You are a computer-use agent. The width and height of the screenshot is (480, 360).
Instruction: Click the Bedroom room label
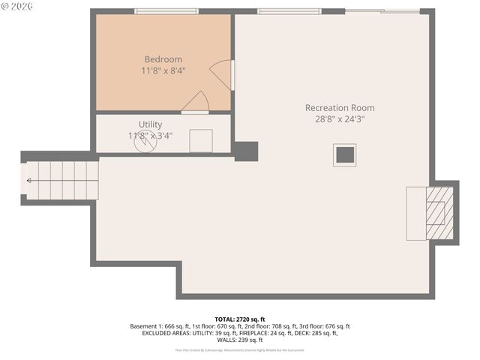point(163,59)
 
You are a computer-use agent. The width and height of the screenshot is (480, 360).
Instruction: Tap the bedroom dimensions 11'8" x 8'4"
point(163,70)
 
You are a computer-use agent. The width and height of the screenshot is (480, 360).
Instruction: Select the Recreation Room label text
point(339,108)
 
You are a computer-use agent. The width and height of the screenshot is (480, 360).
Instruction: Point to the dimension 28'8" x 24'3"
point(339,119)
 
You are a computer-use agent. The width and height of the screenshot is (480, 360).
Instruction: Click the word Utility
point(150,124)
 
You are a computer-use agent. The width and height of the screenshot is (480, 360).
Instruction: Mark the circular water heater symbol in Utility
point(145,142)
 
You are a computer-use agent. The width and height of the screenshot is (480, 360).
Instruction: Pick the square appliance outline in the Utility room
point(200,140)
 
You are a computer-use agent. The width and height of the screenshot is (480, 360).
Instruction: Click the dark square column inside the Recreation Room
point(345,154)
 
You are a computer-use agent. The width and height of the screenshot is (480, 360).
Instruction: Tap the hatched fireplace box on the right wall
point(439,213)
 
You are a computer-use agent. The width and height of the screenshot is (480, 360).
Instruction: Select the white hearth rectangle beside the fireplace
point(415,213)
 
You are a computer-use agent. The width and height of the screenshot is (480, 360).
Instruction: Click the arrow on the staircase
point(30,181)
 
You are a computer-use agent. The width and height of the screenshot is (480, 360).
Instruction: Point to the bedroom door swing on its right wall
point(221,75)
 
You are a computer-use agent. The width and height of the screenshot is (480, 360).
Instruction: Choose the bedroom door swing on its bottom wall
point(196,102)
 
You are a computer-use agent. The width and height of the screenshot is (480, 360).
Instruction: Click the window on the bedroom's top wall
point(166,11)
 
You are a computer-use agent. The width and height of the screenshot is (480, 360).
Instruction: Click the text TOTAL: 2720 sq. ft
point(239,319)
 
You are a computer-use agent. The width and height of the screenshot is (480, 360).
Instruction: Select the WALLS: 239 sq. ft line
point(239,340)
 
